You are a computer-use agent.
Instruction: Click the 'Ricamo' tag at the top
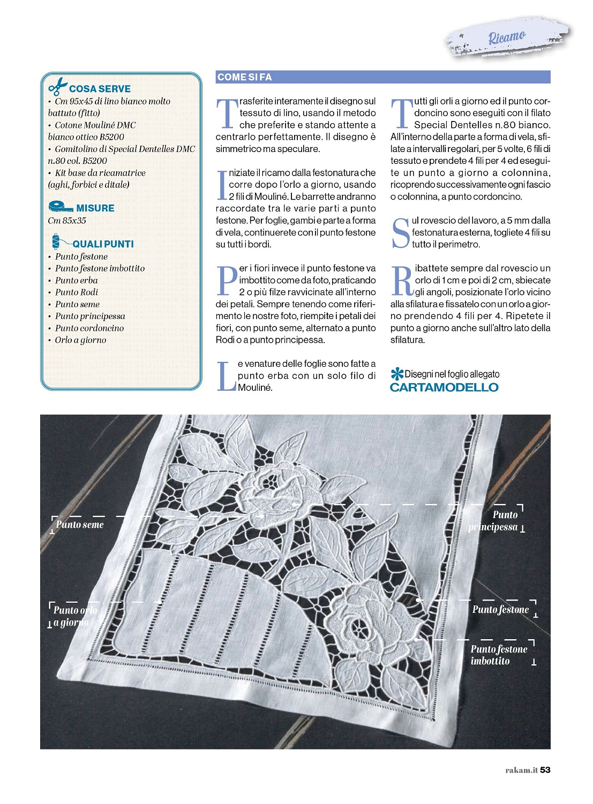pos(506,37)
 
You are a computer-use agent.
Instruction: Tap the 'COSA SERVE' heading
pos(100,89)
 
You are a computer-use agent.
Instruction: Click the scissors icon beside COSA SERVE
pos(57,87)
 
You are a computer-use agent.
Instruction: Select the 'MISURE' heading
pos(95,208)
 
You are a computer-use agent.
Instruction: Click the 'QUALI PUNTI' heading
pos(103,244)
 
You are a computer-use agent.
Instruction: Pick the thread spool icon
pos(56,242)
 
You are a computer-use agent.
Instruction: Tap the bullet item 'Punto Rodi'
pos(77,292)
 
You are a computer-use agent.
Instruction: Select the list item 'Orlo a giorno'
pos(80,340)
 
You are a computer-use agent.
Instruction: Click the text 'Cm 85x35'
pos(67,221)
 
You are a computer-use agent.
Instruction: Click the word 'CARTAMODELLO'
pos(444,388)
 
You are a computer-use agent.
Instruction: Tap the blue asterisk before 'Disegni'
pos(396,374)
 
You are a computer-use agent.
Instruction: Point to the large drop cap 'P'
pos(227,280)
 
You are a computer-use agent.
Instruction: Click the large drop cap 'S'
pos(401,233)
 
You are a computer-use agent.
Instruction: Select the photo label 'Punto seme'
pos(80,525)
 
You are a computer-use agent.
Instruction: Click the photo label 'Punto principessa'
pos(493,521)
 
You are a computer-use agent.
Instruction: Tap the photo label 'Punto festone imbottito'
pos(499,655)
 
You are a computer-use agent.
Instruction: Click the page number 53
pos(545,770)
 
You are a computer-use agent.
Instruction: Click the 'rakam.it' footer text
pos(521,770)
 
